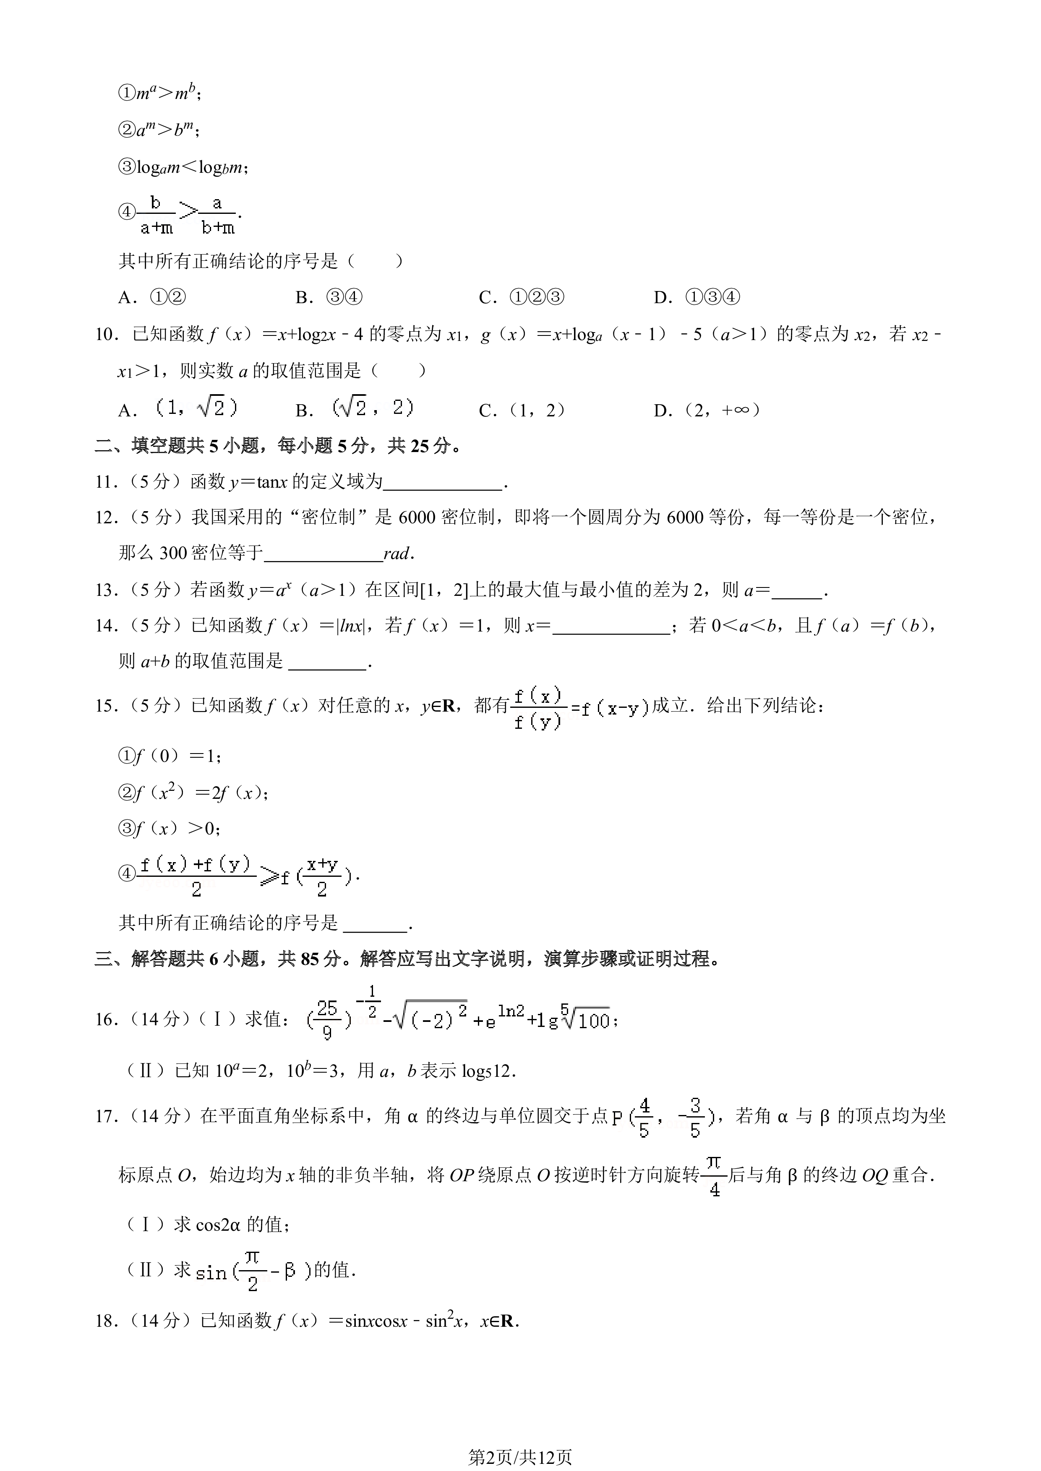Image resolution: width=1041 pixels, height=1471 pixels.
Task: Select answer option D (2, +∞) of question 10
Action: click(x=707, y=410)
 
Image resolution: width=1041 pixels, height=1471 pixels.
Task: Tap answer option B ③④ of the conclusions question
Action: click(x=329, y=297)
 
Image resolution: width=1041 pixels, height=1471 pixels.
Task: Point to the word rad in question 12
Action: click(x=397, y=554)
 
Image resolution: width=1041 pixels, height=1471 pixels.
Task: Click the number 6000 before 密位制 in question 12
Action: click(x=417, y=517)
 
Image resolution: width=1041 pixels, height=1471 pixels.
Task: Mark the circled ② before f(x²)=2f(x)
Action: click(x=126, y=793)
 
